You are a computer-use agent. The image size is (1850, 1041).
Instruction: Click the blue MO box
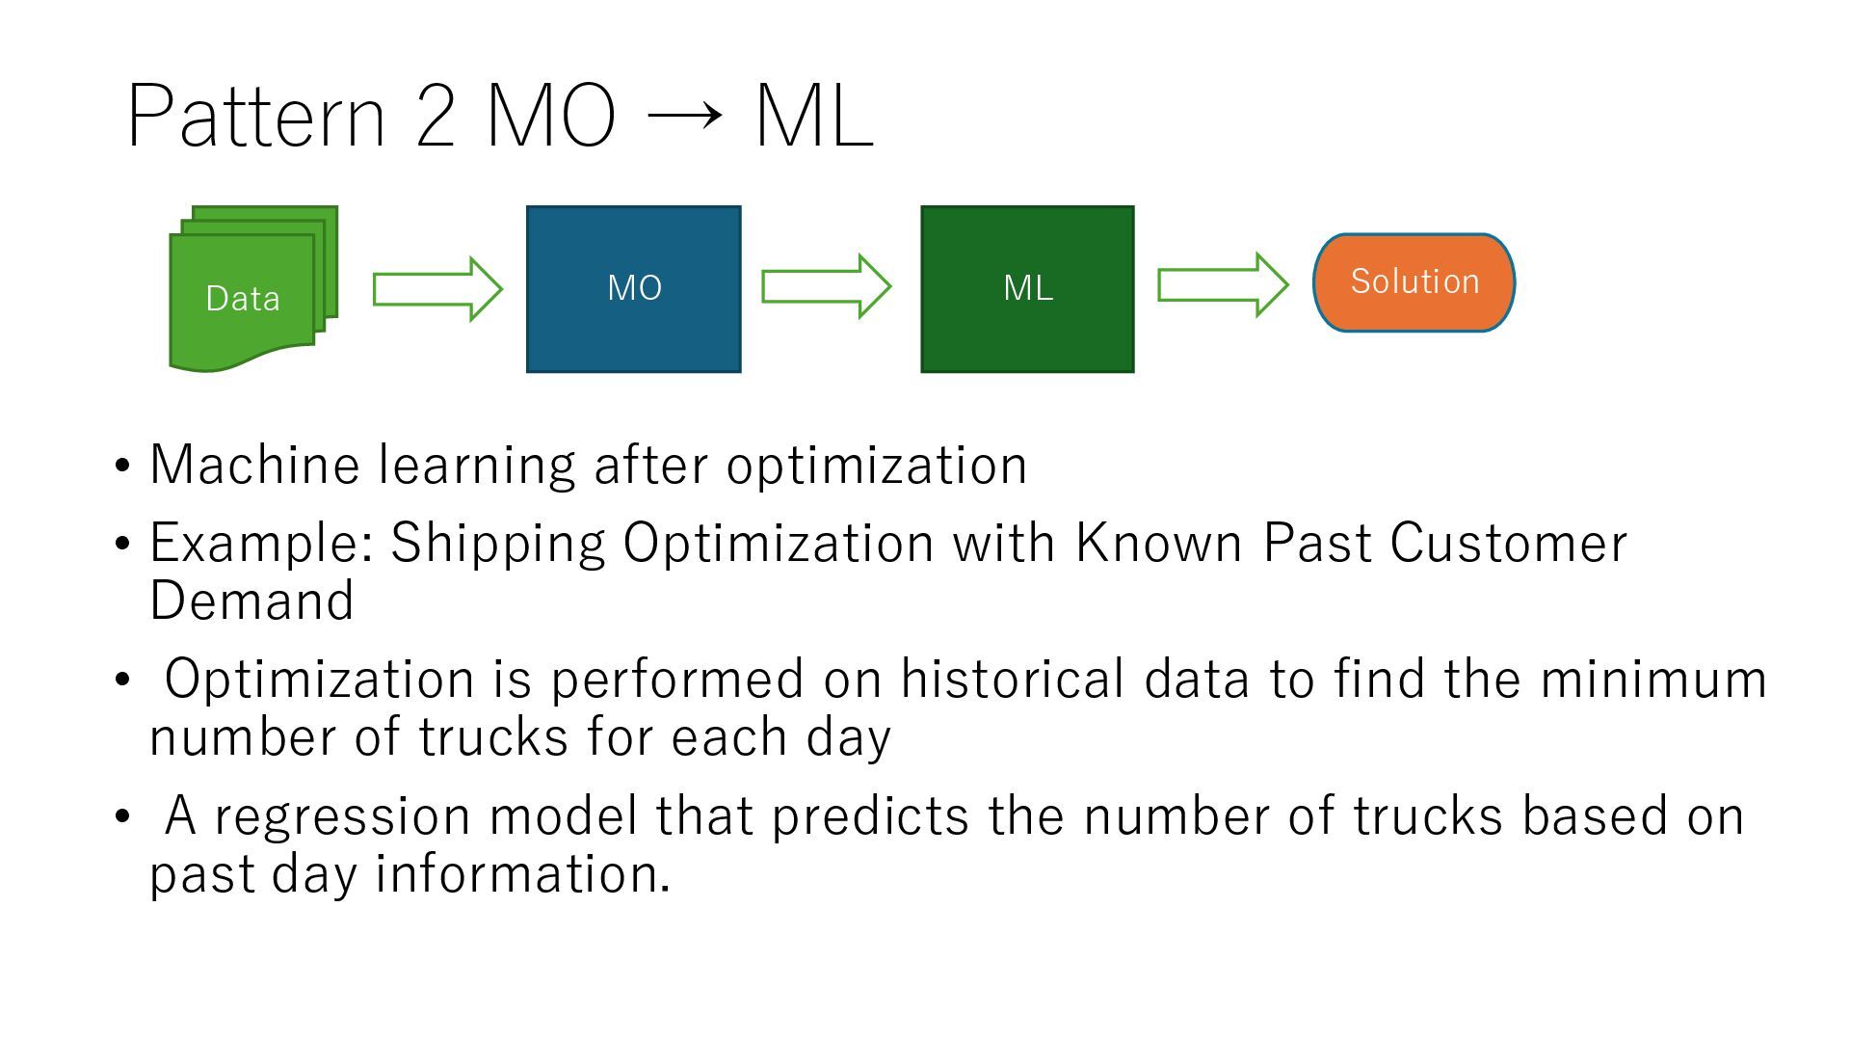pyautogui.click(x=633, y=288)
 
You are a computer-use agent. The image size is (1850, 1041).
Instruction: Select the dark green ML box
pyautogui.click(x=1027, y=288)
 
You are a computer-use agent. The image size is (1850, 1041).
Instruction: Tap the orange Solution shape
pyautogui.click(x=1414, y=282)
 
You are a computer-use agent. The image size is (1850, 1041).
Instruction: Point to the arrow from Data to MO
pyautogui.click(x=437, y=288)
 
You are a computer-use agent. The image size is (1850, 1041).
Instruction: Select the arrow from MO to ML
pyautogui.click(x=826, y=286)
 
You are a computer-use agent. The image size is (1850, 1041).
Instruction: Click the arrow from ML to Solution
pyautogui.click(x=1222, y=284)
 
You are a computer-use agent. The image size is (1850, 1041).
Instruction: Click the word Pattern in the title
pyautogui.click(x=256, y=117)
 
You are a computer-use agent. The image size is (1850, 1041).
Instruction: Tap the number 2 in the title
pyautogui.click(x=436, y=117)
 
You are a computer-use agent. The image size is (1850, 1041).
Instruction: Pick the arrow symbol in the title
pyautogui.click(x=684, y=117)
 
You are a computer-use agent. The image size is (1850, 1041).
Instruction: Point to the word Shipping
pyautogui.click(x=497, y=543)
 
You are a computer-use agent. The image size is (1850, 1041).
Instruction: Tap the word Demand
pyautogui.click(x=252, y=601)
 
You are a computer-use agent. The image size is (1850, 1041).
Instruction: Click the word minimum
pyautogui.click(x=1653, y=679)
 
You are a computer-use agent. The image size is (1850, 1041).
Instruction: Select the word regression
pyautogui.click(x=342, y=816)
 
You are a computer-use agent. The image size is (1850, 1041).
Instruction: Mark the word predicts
pyautogui.click(x=870, y=816)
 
